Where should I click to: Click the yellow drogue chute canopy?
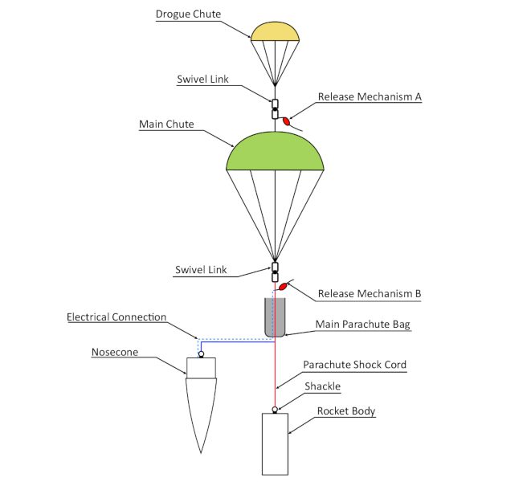tap(275, 31)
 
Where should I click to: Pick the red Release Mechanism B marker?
tap(283, 284)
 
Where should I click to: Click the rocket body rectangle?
tap(275, 443)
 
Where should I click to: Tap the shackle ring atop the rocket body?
tap(275, 410)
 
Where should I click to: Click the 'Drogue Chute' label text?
tap(188, 14)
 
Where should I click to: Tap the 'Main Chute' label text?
tap(166, 125)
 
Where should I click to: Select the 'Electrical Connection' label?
tap(117, 317)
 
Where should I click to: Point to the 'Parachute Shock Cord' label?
tap(354, 365)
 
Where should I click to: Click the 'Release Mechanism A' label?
tap(370, 97)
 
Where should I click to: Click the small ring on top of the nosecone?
tap(201, 353)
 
